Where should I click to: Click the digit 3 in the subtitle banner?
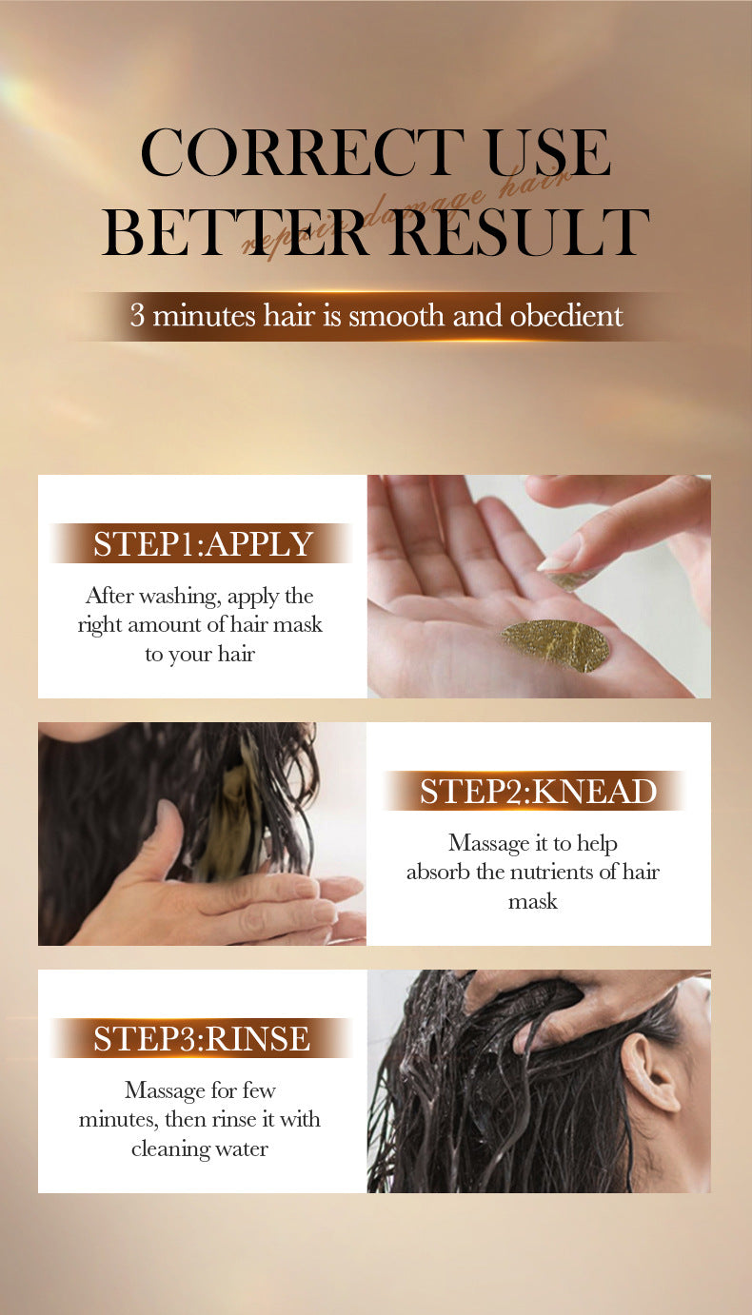pos(137,316)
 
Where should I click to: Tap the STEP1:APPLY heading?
pos(203,543)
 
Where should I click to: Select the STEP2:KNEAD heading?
pos(538,791)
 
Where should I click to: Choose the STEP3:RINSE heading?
pos(202,1038)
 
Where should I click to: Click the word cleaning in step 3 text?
pos(172,1148)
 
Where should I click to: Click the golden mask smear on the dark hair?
pos(241,809)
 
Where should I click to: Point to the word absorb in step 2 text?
pos(436,872)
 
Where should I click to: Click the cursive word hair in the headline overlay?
pos(548,182)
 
